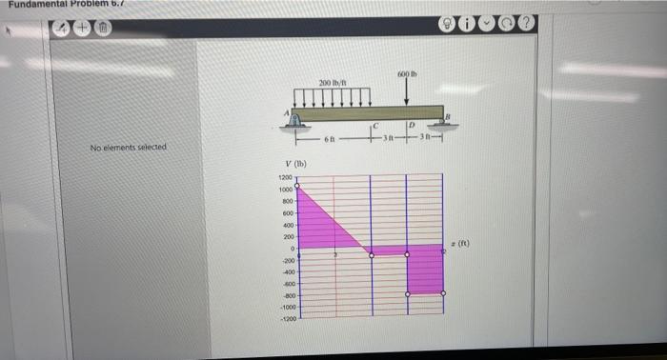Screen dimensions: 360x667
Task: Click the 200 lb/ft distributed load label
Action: click(x=332, y=83)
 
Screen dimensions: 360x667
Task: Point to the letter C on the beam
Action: click(x=376, y=126)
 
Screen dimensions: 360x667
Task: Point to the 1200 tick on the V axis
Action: click(x=285, y=179)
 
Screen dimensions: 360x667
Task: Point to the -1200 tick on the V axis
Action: click(x=285, y=321)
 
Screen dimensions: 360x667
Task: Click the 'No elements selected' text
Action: click(x=128, y=148)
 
